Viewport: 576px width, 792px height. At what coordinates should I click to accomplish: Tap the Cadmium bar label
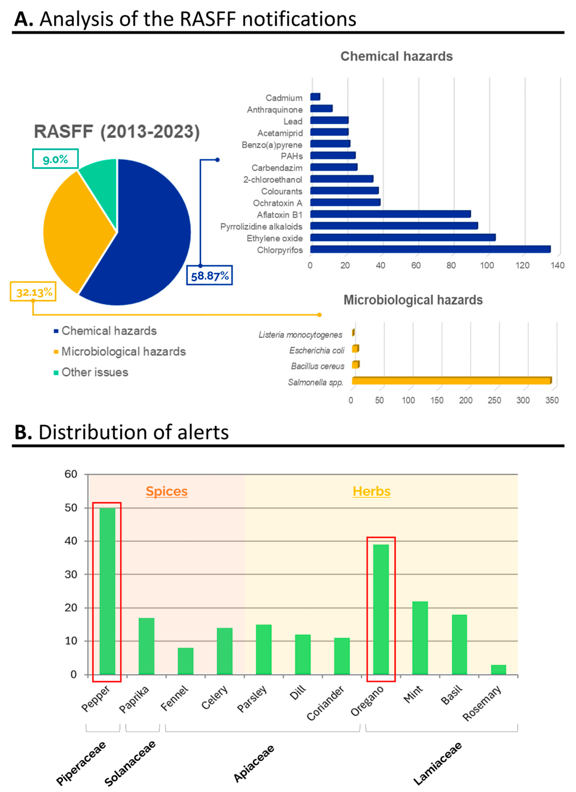[284, 98]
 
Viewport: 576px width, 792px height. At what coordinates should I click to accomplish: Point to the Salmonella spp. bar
[451, 381]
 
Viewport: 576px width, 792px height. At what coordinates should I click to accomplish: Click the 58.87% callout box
[209, 276]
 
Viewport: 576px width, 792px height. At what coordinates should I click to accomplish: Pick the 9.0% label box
[55, 159]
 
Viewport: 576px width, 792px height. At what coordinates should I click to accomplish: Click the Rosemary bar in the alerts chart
[498, 670]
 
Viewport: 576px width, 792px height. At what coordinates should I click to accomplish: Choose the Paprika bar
[146, 646]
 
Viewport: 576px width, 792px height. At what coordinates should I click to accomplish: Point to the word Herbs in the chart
[371, 491]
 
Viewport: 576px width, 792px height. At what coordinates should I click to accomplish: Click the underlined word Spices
[167, 491]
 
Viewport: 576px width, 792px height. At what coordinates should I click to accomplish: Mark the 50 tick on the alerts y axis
[71, 508]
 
